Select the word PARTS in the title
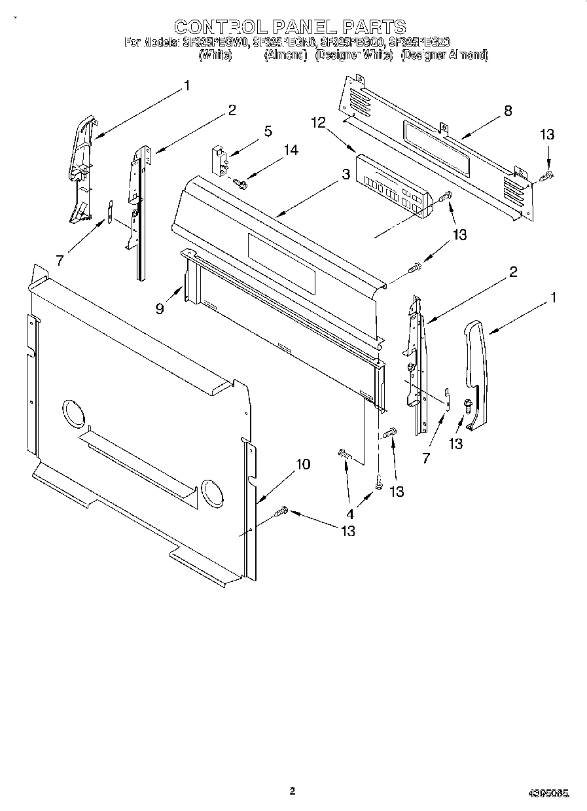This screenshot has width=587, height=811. (x=376, y=27)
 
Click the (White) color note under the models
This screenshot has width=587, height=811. (x=215, y=56)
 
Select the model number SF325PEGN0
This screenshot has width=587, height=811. (x=285, y=43)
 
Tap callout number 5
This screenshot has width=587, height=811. (x=268, y=131)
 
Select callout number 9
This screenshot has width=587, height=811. (x=160, y=308)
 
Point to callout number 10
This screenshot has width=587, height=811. (x=302, y=464)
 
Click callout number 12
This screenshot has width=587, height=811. (x=318, y=122)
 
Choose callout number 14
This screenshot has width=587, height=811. (x=290, y=151)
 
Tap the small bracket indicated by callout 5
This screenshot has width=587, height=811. (x=219, y=160)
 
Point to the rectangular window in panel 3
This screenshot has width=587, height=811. (x=281, y=264)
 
